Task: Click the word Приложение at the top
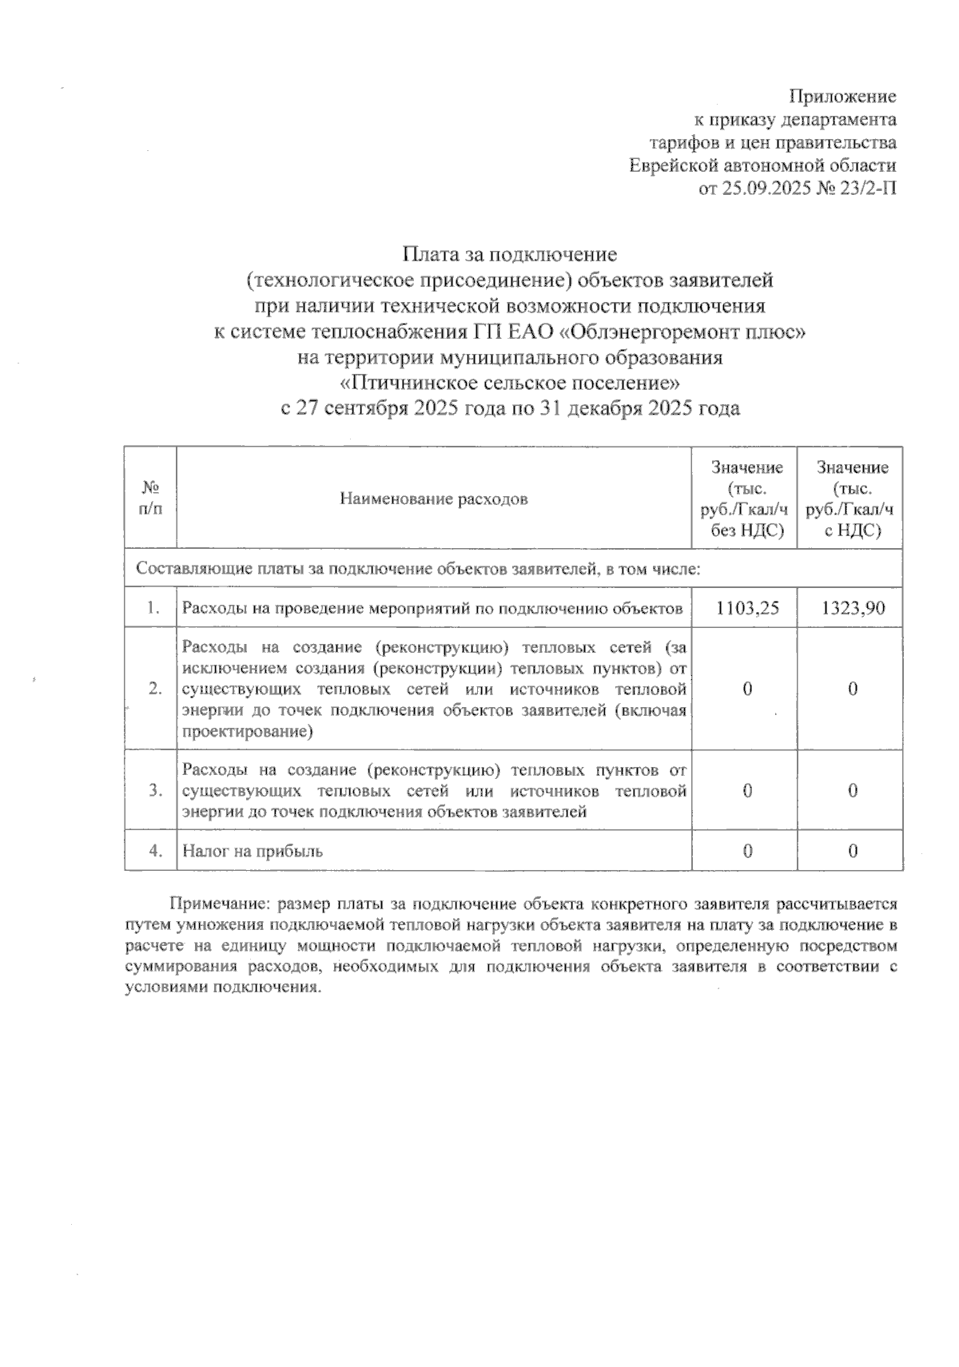click(842, 97)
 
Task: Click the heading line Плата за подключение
click(510, 255)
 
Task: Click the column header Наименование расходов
click(434, 499)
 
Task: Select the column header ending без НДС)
click(746, 530)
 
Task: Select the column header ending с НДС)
click(852, 530)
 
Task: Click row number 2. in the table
click(155, 689)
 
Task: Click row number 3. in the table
click(155, 791)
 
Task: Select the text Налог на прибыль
click(253, 851)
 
